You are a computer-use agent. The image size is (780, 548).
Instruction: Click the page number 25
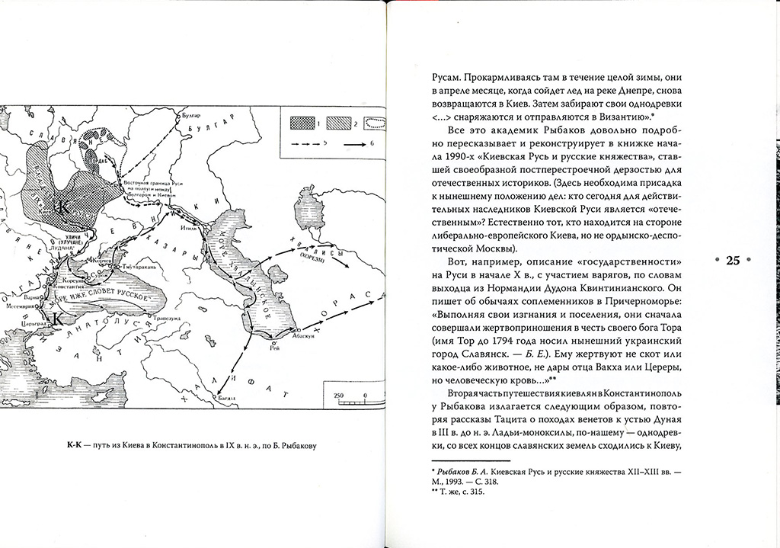pos(733,261)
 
